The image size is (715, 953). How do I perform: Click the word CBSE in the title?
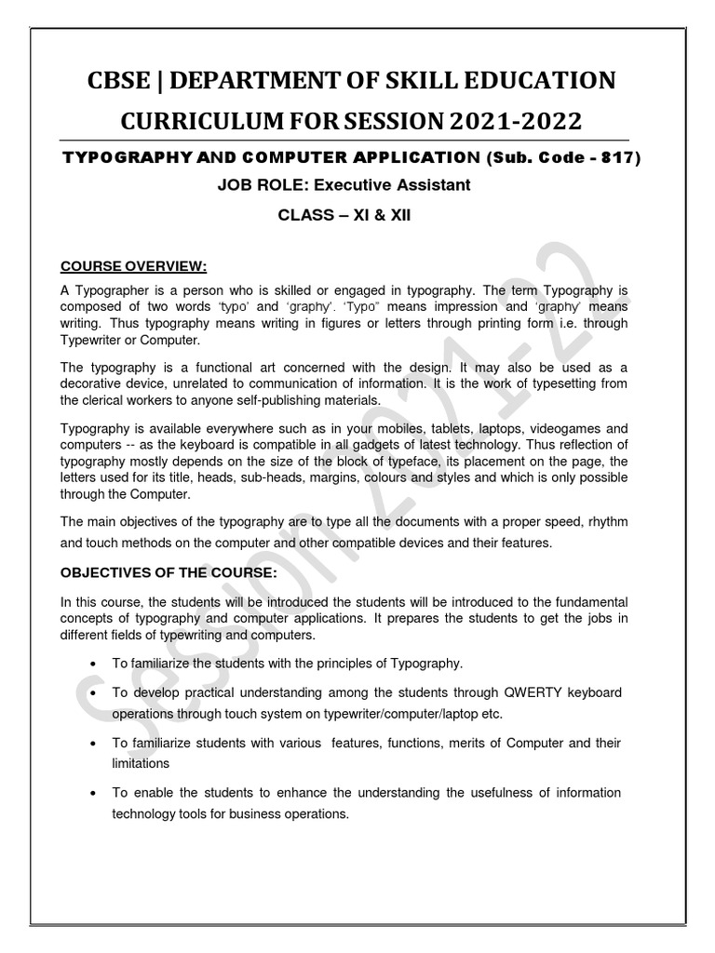(x=125, y=81)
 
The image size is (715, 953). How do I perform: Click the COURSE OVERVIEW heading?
(x=133, y=266)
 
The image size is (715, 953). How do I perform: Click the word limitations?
(x=141, y=762)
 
